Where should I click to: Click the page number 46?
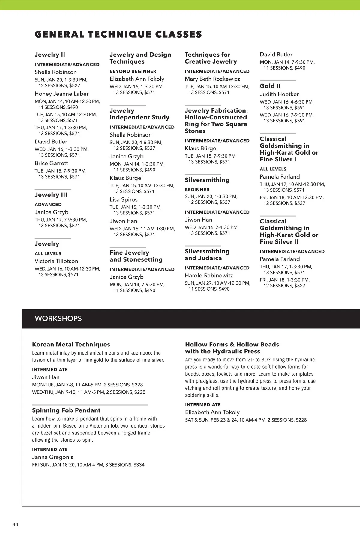coord(15,524)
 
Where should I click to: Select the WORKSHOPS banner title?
coord(58,319)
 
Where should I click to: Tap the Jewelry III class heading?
coord(51,195)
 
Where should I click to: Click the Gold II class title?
coord(270,86)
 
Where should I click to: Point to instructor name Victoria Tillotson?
coord(56,261)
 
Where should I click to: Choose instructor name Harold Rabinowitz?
coord(209,275)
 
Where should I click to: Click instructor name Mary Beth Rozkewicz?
coord(212,79)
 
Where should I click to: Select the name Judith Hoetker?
coord(279,94)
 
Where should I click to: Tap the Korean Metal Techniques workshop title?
coord(71,344)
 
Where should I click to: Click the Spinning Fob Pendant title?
coord(66,410)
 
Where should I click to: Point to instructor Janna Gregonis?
coord(52,457)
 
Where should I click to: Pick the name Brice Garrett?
coord(51,163)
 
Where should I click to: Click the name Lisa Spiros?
coord(124,199)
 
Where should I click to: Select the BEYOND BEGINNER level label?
coord(133,71)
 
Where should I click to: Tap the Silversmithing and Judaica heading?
coord(207,255)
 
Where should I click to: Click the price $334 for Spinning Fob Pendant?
coord(139,465)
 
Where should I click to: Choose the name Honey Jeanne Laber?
coord(62,94)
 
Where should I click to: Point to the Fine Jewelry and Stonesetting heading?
coord(136,256)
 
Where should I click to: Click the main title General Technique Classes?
coord(118,34)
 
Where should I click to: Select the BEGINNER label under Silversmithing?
coord(197,190)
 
